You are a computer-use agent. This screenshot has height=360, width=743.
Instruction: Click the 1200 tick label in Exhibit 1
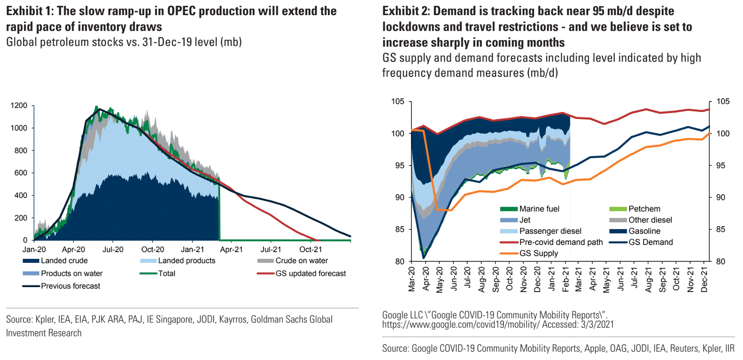[x=19, y=106]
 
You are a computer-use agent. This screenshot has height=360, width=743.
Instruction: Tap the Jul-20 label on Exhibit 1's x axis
[x=113, y=250]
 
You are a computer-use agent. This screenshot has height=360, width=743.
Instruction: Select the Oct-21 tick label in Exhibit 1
[x=310, y=250]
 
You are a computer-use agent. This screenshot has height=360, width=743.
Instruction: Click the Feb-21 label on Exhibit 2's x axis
[x=566, y=280]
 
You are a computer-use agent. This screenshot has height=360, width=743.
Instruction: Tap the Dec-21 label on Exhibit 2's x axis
[x=704, y=280]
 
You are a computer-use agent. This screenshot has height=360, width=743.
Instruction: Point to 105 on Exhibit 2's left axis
[x=398, y=102]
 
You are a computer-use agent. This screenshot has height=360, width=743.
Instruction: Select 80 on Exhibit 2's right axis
[x=721, y=262]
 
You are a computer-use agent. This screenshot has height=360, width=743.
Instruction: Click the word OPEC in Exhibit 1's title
[x=181, y=11]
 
